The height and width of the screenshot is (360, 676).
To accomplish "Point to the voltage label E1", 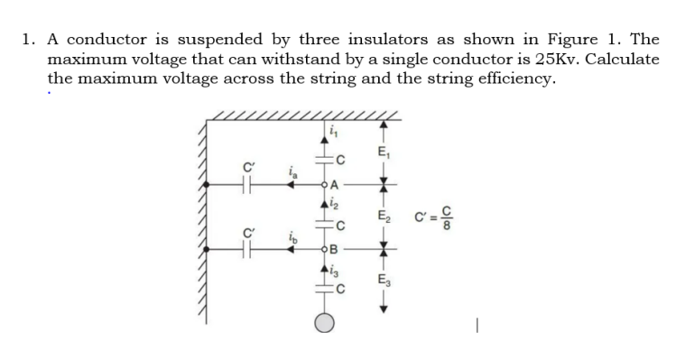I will click(384, 151).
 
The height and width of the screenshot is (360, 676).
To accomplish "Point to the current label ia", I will click(291, 169).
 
